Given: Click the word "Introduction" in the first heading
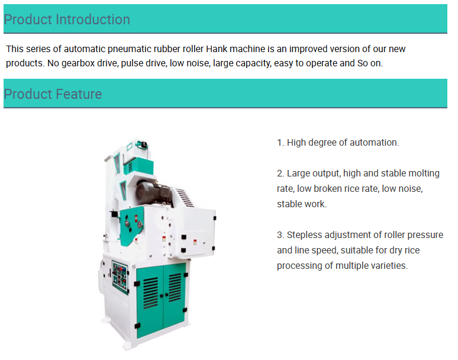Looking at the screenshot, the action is [93, 20].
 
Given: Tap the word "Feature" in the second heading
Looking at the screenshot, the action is [79, 94].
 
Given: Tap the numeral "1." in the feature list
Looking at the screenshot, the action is [280, 143].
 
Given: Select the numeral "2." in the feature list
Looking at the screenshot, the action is [280, 173].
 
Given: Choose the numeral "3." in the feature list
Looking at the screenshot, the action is [280, 235].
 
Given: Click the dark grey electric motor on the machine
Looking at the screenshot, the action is [153, 192].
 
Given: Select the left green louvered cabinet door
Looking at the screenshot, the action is [150, 301].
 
